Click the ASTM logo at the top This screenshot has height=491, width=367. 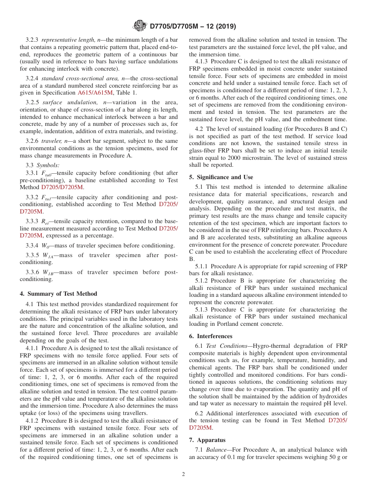point(139,26)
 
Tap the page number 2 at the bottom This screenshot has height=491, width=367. point(183,474)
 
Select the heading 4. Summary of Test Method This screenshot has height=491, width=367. point(58,294)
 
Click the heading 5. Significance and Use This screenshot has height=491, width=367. point(221,177)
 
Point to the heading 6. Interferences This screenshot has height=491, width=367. point(211,336)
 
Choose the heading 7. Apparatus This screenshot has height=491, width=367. point(207,440)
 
